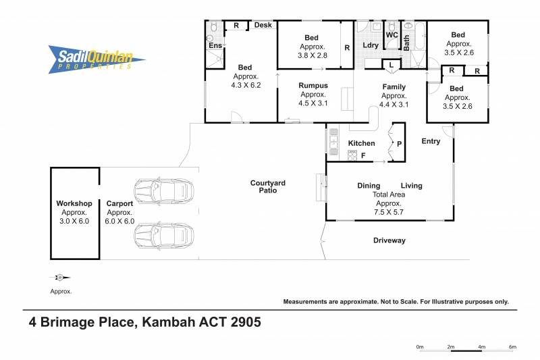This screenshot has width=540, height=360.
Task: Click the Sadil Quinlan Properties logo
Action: [x=97, y=59]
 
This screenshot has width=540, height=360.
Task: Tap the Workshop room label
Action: [x=74, y=203]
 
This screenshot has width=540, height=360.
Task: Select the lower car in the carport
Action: [x=163, y=236]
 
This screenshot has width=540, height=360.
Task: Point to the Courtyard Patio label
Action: [x=267, y=186]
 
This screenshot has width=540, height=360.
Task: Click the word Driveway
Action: [x=389, y=240]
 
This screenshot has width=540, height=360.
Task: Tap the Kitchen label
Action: [x=361, y=143]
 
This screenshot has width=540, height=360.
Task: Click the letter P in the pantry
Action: [x=399, y=144]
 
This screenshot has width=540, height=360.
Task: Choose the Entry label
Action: [x=431, y=141]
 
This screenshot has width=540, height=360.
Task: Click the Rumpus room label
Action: [x=313, y=85]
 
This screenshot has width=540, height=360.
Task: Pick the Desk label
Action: [x=263, y=25]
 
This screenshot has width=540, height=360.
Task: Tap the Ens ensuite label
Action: [x=215, y=45]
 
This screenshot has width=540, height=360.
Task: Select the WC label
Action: [x=392, y=35]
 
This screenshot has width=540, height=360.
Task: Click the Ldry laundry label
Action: [x=371, y=45]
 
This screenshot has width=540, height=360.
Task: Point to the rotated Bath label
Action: [x=407, y=43]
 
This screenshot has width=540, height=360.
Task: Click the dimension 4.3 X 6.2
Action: [x=246, y=85]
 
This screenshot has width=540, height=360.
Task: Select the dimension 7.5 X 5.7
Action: [x=389, y=212]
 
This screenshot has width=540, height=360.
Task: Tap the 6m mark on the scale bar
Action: [x=512, y=347]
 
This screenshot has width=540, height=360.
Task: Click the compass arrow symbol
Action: [x=60, y=278]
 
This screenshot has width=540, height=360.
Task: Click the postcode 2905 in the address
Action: [x=246, y=322]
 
